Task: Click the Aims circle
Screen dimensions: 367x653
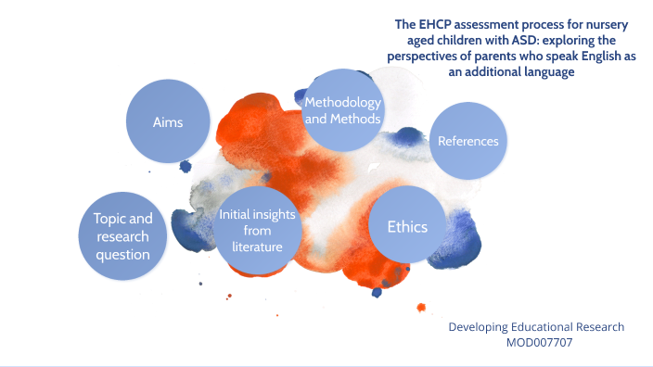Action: (x=167, y=121)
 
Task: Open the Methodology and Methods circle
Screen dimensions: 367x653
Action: (x=343, y=109)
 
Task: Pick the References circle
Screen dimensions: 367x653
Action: (x=468, y=141)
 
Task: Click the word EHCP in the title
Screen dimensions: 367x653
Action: (x=433, y=26)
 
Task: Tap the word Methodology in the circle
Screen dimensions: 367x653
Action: (x=343, y=101)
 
